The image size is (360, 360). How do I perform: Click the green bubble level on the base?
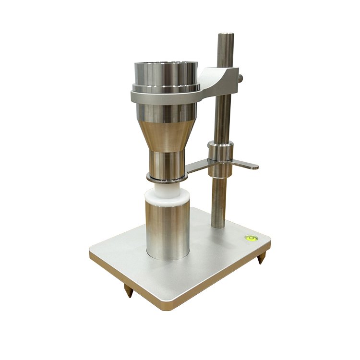250,238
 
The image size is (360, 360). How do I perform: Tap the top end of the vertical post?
225,35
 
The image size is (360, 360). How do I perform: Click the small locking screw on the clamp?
240,77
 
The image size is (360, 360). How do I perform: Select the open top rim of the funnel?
166,65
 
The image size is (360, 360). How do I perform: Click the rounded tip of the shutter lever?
254,167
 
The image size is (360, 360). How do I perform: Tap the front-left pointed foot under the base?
129,289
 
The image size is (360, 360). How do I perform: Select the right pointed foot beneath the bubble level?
261,259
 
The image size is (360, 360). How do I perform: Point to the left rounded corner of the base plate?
92,252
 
